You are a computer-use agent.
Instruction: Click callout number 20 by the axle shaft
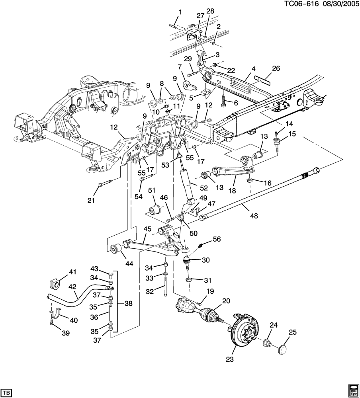pos(226,301)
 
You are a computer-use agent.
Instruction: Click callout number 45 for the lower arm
pos(147,229)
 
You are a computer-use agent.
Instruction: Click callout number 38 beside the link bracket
pos(129,303)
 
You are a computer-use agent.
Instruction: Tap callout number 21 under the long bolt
pos(91,200)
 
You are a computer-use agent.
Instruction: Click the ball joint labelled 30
pos(187,263)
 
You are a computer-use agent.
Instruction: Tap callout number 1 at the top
pos(180,12)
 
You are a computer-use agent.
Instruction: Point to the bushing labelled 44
pos(117,248)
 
